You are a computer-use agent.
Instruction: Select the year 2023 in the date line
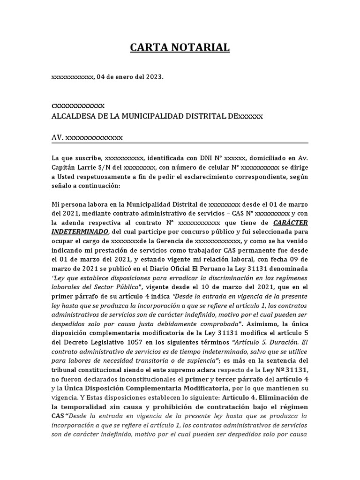tap(154, 77)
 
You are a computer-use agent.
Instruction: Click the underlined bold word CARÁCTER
tap(290, 222)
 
